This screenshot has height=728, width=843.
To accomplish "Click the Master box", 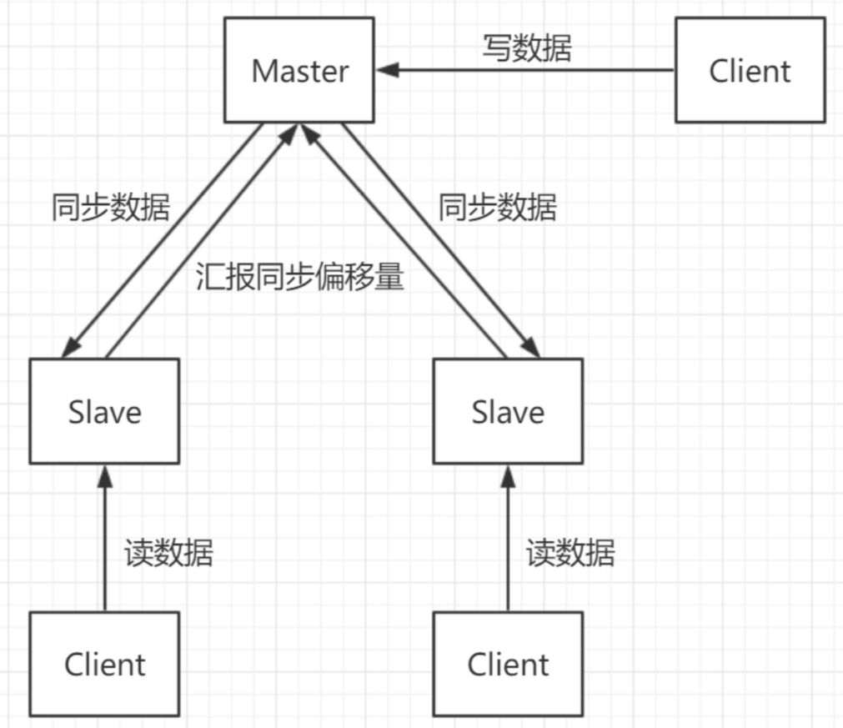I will [299, 71].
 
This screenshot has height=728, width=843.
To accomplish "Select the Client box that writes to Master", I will [750, 71].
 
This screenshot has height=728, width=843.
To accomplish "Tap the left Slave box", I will [104, 411].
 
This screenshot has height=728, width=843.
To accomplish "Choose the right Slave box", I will [508, 411].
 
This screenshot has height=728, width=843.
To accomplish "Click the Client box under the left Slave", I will [104, 665].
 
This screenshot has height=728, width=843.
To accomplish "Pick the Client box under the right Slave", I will [508, 665].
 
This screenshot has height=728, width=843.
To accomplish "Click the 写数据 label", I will [527, 48].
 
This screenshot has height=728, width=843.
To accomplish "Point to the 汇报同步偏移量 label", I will [300, 277].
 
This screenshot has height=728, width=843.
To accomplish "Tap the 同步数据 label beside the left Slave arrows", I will [110, 208].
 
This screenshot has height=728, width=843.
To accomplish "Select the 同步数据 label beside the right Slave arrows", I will [498, 208].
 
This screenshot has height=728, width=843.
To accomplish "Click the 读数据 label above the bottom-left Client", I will [169, 553].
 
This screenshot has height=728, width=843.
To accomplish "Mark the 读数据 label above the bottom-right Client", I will [570, 553].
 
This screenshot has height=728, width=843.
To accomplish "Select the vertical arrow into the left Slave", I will [104, 542].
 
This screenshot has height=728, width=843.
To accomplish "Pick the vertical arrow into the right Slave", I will [508, 542].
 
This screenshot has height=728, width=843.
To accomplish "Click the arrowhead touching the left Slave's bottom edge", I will [104, 474].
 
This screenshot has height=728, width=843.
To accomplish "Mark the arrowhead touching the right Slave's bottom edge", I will [508, 474].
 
